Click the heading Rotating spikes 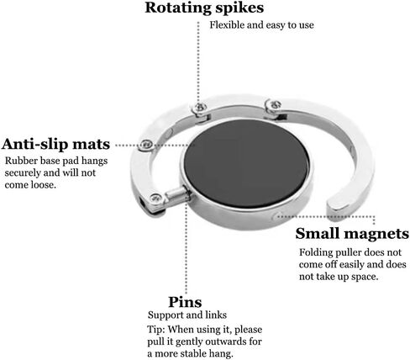204,8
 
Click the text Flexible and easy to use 261,25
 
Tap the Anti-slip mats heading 55,144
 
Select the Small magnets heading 352,233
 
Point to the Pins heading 185,302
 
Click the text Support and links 187,315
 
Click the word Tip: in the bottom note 156,329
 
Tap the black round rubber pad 246,163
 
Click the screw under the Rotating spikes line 200,107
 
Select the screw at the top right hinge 276,105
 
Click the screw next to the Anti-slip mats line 146,145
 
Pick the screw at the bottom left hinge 155,199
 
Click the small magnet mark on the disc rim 276,216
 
